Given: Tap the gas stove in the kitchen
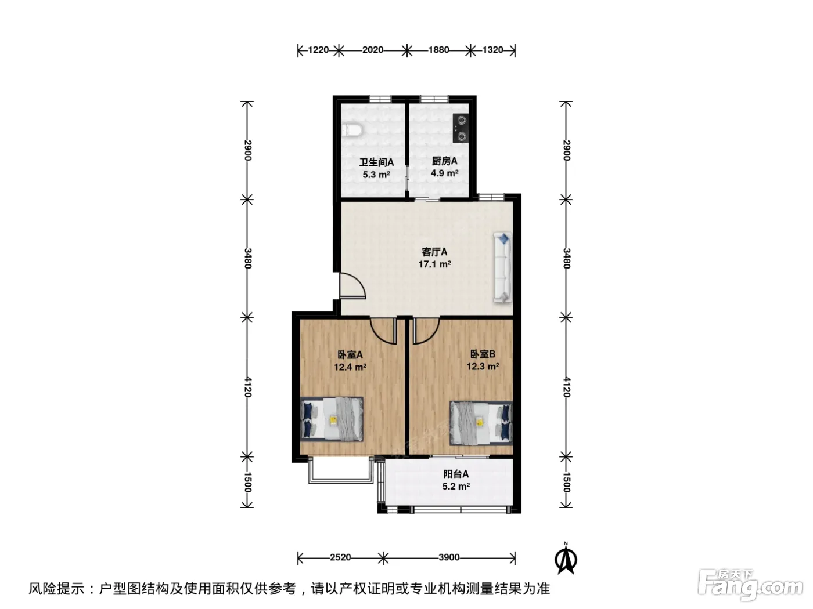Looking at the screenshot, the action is click(x=461, y=128).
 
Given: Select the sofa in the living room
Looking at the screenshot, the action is click(x=502, y=268).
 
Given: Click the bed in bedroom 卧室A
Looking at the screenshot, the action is click(x=332, y=419).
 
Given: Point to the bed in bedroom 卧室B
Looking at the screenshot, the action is click(x=481, y=423).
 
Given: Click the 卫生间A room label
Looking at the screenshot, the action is click(x=376, y=162).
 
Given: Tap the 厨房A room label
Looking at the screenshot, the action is click(x=444, y=161).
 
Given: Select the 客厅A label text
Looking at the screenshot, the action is click(x=434, y=252).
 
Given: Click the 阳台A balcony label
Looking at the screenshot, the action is click(x=456, y=474).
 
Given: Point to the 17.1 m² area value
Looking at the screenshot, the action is click(x=434, y=264).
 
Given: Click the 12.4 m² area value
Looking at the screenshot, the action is click(x=350, y=367).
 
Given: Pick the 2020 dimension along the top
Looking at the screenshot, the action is click(x=373, y=50).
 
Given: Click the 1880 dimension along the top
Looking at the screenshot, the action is click(x=438, y=50).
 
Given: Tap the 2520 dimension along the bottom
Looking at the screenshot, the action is click(x=340, y=557).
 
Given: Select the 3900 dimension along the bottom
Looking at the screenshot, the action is click(x=449, y=557).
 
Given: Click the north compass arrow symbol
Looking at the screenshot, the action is click(x=566, y=559).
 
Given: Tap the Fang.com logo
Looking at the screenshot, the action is click(x=750, y=585).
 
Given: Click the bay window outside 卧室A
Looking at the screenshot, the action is click(x=340, y=481).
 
